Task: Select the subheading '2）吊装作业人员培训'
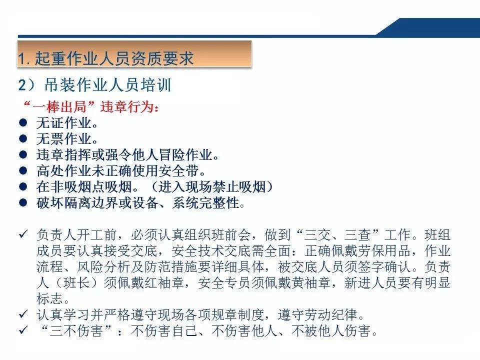click(x=95, y=85)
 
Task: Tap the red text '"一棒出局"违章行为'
click(x=90, y=106)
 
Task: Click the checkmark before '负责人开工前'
click(x=22, y=234)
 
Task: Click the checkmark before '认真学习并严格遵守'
click(x=22, y=315)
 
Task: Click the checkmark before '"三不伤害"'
click(x=22, y=331)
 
